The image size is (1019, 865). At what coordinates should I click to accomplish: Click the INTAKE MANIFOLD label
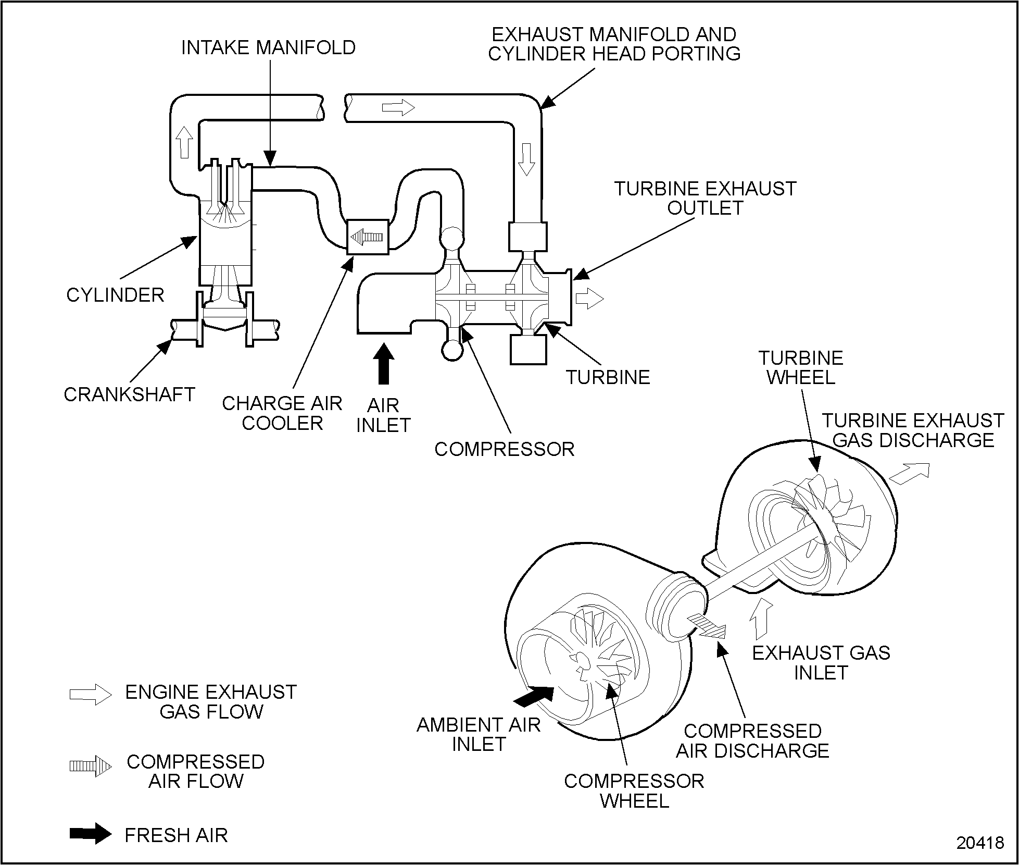(x=268, y=48)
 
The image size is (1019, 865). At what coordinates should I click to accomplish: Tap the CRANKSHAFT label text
(x=129, y=394)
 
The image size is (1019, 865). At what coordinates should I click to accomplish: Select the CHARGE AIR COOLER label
(x=282, y=413)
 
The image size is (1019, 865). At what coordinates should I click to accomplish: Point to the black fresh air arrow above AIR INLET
(x=384, y=363)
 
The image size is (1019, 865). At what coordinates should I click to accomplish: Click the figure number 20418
(x=980, y=843)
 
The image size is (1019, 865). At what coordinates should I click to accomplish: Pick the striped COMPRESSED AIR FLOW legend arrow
(x=91, y=766)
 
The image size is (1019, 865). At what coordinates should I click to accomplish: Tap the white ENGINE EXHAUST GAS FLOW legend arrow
(x=91, y=695)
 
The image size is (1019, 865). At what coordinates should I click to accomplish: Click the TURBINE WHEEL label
(x=801, y=367)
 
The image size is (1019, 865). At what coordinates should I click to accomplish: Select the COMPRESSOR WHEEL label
(x=634, y=790)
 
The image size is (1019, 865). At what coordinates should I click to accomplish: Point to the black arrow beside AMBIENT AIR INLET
(x=534, y=696)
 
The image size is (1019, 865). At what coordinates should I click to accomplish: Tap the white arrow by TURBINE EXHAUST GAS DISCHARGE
(x=909, y=473)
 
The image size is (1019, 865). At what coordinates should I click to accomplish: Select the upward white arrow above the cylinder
(x=184, y=141)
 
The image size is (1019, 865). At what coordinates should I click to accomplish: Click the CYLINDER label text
(x=115, y=295)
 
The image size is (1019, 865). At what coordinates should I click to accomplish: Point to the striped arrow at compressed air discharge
(x=706, y=626)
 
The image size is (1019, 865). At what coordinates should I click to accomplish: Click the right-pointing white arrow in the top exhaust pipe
(x=398, y=108)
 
